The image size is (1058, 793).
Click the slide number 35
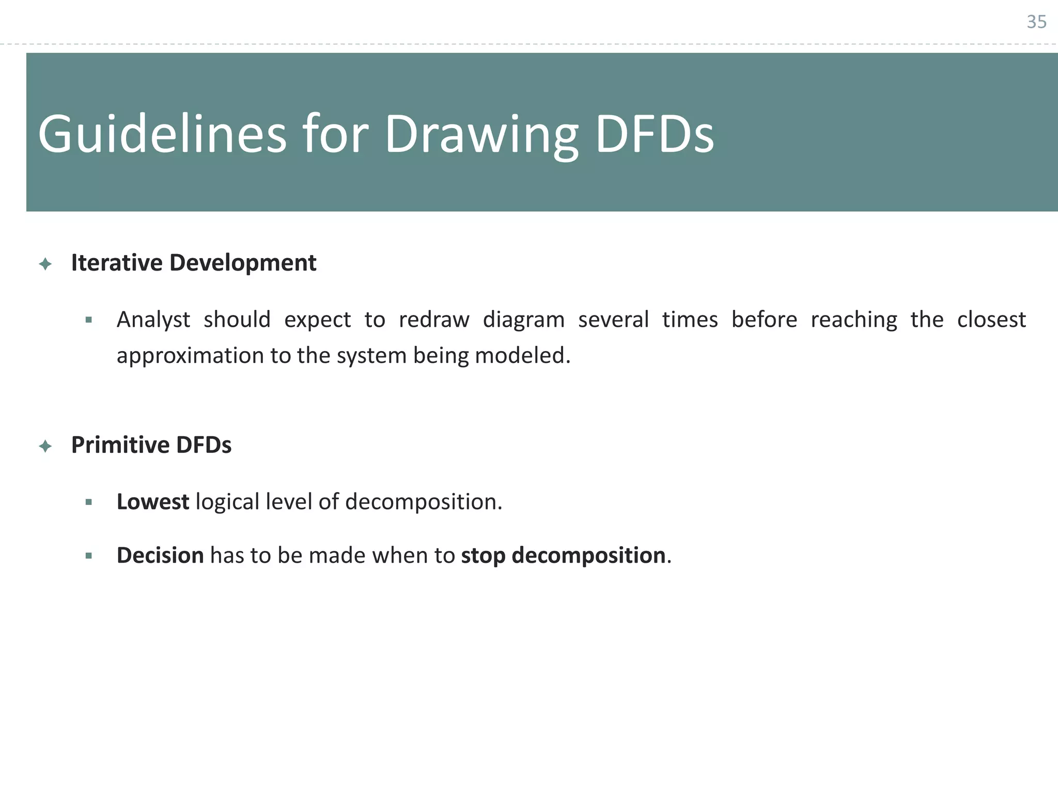click(x=1036, y=22)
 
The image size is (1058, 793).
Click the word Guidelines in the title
click(x=162, y=134)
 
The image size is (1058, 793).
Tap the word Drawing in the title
click(x=481, y=134)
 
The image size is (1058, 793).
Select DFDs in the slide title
click(x=655, y=134)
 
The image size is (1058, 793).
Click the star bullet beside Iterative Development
click(x=45, y=264)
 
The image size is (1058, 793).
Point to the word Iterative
click(x=117, y=263)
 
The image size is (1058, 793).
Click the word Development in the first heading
click(x=243, y=263)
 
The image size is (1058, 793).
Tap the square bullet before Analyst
click(x=89, y=320)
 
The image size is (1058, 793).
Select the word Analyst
click(x=153, y=320)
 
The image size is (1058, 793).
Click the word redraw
click(x=434, y=320)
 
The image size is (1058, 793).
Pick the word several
click(x=613, y=320)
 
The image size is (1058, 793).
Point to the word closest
click(x=991, y=320)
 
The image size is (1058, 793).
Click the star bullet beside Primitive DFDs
click(x=45, y=446)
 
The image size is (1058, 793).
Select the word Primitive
click(x=120, y=445)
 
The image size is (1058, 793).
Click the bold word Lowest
click(x=153, y=502)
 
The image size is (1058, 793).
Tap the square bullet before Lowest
click(x=89, y=502)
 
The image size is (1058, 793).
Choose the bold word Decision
click(x=160, y=556)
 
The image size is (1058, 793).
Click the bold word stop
click(x=483, y=556)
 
